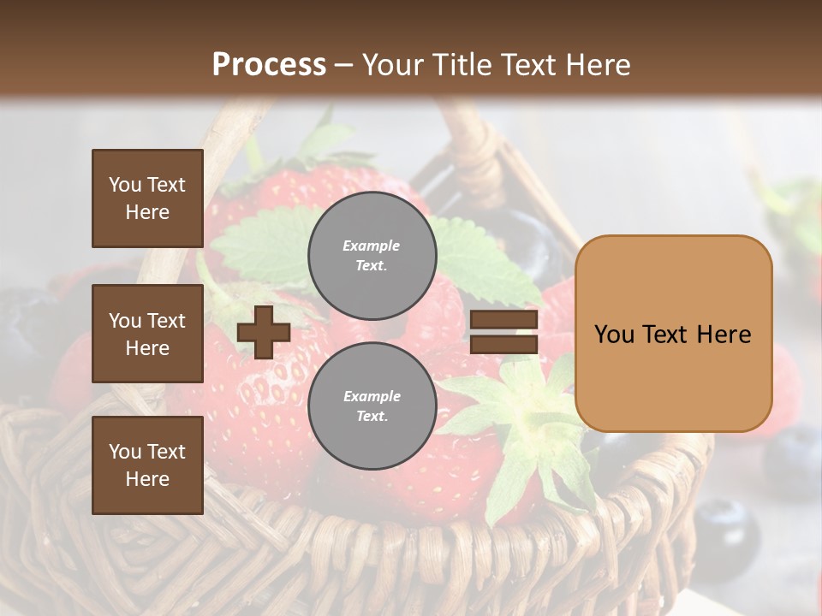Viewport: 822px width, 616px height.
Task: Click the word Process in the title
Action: coord(269,64)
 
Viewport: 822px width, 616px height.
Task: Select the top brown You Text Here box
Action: coord(147,198)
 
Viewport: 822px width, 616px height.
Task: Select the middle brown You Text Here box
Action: coord(147,334)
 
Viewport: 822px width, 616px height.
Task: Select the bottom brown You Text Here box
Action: coord(147,465)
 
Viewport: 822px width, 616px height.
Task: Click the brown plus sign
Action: coord(264,332)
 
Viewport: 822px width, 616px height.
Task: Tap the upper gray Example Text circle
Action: coord(372,255)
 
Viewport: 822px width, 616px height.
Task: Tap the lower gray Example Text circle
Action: coord(372,406)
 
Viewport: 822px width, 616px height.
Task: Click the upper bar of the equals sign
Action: coord(503,320)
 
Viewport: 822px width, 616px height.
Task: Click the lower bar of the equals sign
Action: coord(503,345)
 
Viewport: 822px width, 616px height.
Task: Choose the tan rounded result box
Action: coord(673,334)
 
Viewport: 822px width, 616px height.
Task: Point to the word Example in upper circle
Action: coord(371,246)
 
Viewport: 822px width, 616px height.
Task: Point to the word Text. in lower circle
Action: coord(372,416)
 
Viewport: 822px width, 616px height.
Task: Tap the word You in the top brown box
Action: coord(124,185)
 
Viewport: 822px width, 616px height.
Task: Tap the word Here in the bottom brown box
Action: coord(147,479)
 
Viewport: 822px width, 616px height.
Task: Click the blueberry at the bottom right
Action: coord(726,526)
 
